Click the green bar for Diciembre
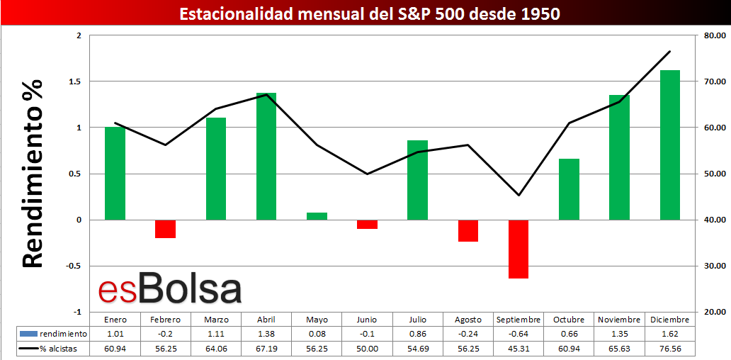click(670, 145)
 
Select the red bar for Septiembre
click(518, 249)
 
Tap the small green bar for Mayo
click(317, 216)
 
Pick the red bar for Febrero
click(165, 229)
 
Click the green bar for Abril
click(266, 156)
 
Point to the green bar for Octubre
click(569, 189)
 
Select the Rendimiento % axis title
click(33, 174)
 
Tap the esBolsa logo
click(169, 290)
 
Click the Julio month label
click(418, 320)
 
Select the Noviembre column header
click(619, 320)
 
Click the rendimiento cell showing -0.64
click(518, 334)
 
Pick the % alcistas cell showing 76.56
click(669, 348)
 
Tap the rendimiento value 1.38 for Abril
click(266, 334)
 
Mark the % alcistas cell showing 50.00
click(367, 348)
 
